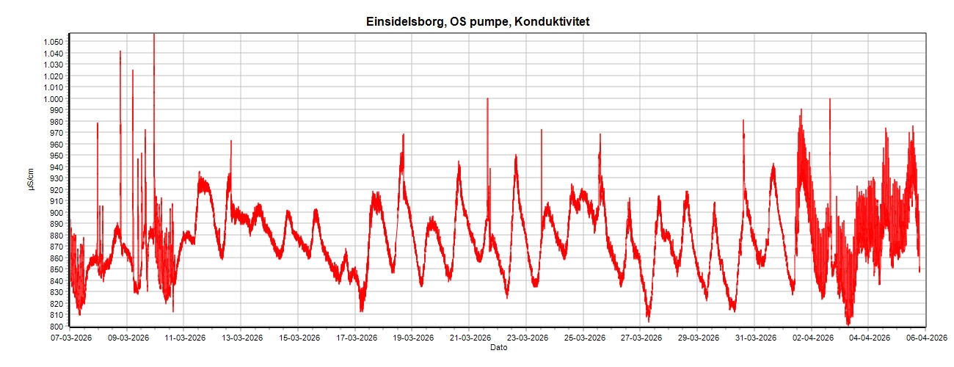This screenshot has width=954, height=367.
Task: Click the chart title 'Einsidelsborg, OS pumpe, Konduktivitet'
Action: click(x=478, y=22)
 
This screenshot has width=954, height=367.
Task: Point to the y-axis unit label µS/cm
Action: click(x=30, y=180)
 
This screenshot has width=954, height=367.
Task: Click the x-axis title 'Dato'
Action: click(x=498, y=347)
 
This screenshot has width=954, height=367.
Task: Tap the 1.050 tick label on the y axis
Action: click(x=54, y=42)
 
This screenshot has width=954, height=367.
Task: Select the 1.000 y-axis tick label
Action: click(x=54, y=99)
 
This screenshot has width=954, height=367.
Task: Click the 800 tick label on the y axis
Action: click(x=58, y=326)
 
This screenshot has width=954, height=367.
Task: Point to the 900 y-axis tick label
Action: click(x=58, y=213)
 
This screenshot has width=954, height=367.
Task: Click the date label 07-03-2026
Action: click(x=70, y=338)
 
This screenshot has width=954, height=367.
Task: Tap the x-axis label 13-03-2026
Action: click(x=242, y=338)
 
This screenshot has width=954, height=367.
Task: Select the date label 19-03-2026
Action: click(x=413, y=338)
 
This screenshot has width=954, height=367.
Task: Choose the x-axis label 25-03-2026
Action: click(x=584, y=338)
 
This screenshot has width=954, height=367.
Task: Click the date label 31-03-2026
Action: click(x=756, y=338)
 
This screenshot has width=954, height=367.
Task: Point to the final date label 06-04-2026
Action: click(x=926, y=338)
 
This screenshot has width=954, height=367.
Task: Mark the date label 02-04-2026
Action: click(x=812, y=338)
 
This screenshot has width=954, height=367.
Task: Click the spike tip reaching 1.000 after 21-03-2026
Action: click(x=487, y=98)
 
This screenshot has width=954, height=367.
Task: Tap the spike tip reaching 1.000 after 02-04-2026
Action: click(x=830, y=99)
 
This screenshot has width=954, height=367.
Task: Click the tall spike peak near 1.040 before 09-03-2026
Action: click(x=120, y=51)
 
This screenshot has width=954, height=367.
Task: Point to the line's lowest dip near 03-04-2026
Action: click(x=848, y=324)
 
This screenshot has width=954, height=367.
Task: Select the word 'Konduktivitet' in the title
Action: click(x=552, y=22)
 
